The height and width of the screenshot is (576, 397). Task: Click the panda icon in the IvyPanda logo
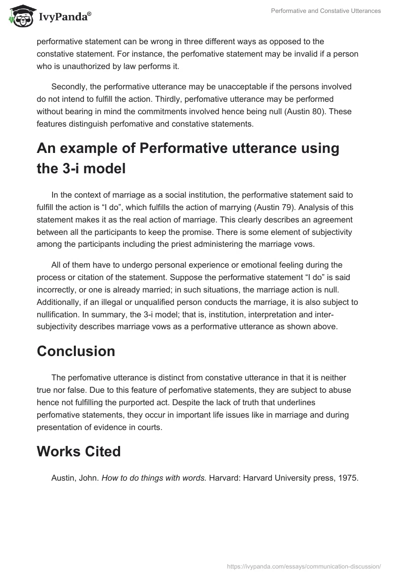[x=19, y=16]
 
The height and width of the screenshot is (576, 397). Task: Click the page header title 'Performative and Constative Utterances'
[x=326, y=11]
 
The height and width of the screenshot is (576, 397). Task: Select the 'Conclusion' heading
[x=76, y=351]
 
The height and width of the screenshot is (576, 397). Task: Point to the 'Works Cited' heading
[x=78, y=451]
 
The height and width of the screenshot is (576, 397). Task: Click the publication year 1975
[x=347, y=478]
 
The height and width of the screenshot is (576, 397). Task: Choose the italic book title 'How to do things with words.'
[x=154, y=478]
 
